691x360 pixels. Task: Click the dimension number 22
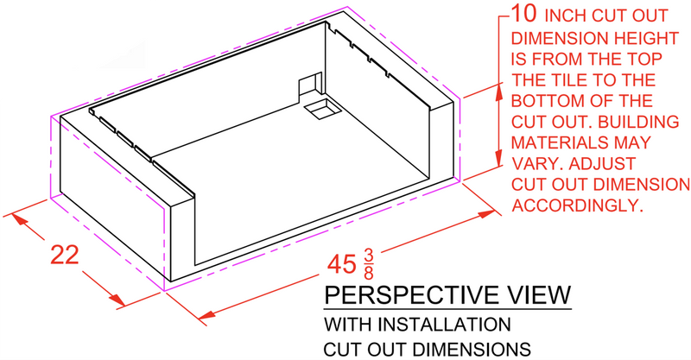click(x=65, y=255)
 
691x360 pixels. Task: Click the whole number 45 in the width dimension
click(x=341, y=265)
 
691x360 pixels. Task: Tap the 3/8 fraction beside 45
click(x=369, y=264)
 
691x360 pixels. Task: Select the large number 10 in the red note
click(x=524, y=13)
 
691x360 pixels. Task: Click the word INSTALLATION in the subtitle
click(x=445, y=325)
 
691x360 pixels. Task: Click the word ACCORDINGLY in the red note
click(x=575, y=205)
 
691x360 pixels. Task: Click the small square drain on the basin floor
click(x=323, y=109)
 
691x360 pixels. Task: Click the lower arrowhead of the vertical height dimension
click(x=499, y=159)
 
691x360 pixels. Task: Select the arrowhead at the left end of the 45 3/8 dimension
click(x=206, y=314)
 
